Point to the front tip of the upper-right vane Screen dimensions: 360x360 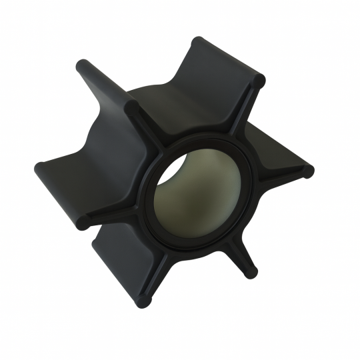[x=259, y=81]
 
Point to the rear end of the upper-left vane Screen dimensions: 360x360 [x=83, y=65]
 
